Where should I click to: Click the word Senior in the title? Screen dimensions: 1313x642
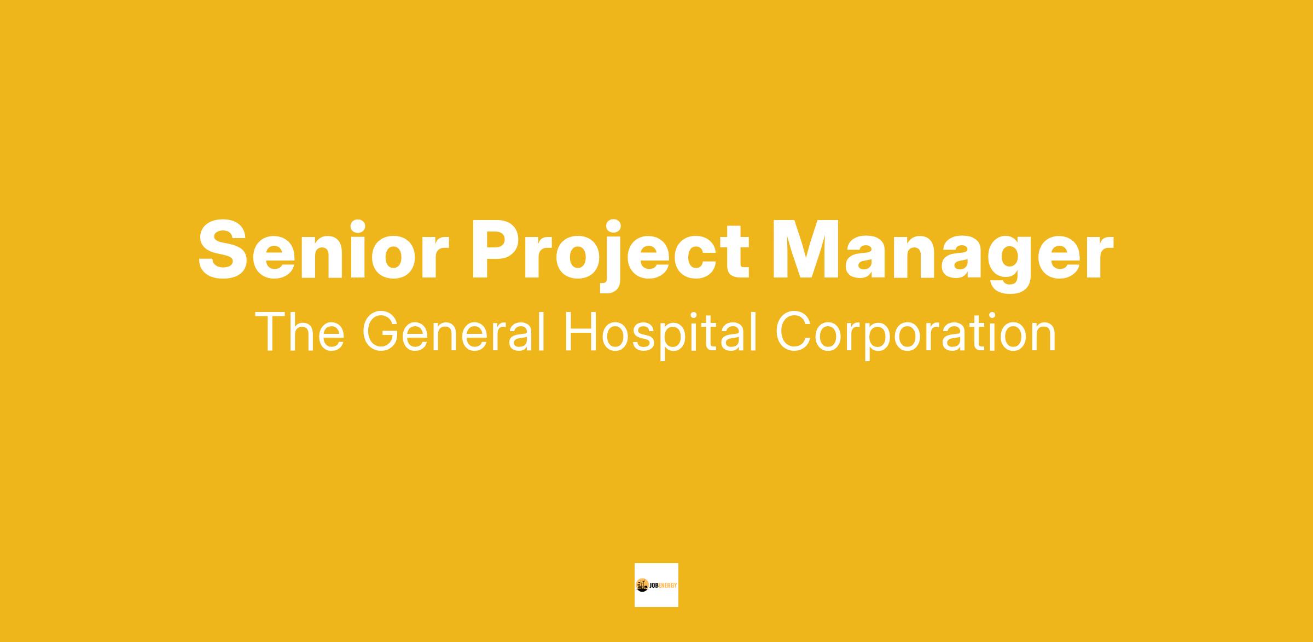pyautogui.click(x=323, y=250)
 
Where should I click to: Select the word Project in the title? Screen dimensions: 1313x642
pyautogui.click(x=611, y=256)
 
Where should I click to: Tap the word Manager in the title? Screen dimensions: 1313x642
pyautogui.click(x=942, y=256)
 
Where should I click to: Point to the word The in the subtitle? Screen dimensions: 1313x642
pyautogui.click(x=300, y=332)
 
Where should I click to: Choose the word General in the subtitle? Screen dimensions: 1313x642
pyautogui.click(x=454, y=332)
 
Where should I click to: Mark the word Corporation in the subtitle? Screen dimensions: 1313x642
pyautogui.click(x=916, y=335)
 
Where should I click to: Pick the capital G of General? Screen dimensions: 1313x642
pyautogui.click(x=381, y=332)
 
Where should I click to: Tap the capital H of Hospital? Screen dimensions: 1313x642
pyautogui.click(x=581, y=332)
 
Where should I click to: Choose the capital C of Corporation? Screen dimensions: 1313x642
pyautogui.click(x=795, y=332)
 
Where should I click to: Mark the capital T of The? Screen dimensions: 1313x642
pyautogui.click(x=271, y=332)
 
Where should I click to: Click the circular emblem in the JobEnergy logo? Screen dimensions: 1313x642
pyautogui.click(x=642, y=585)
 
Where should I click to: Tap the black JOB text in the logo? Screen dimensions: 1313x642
pyautogui.click(x=653, y=586)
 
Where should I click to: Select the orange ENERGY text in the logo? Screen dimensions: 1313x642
pyautogui.click(x=667, y=586)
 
